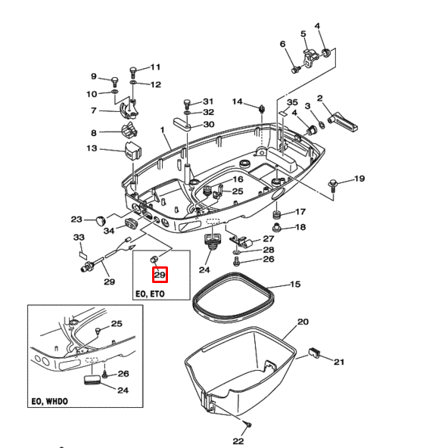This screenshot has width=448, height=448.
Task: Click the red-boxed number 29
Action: pyautogui.click(x=160, y=275)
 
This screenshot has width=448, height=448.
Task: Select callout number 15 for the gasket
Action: pyautogui.click(x=295, y=284)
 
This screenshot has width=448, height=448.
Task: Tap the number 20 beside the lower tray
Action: pyautogui.click(x=303, y=322)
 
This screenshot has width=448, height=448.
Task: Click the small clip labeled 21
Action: pyautogui.click(x=314, y=353)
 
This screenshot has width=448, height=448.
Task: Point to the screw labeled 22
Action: pyautogui.click(x=248, y=425)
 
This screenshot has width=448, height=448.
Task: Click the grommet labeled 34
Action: pyautogui.click(x=132, y=222)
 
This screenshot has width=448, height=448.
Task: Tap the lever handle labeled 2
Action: pyautogui.click(x=342, y=120)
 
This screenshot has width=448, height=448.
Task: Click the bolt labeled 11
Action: pyautogui.click(x=133, y=72)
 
